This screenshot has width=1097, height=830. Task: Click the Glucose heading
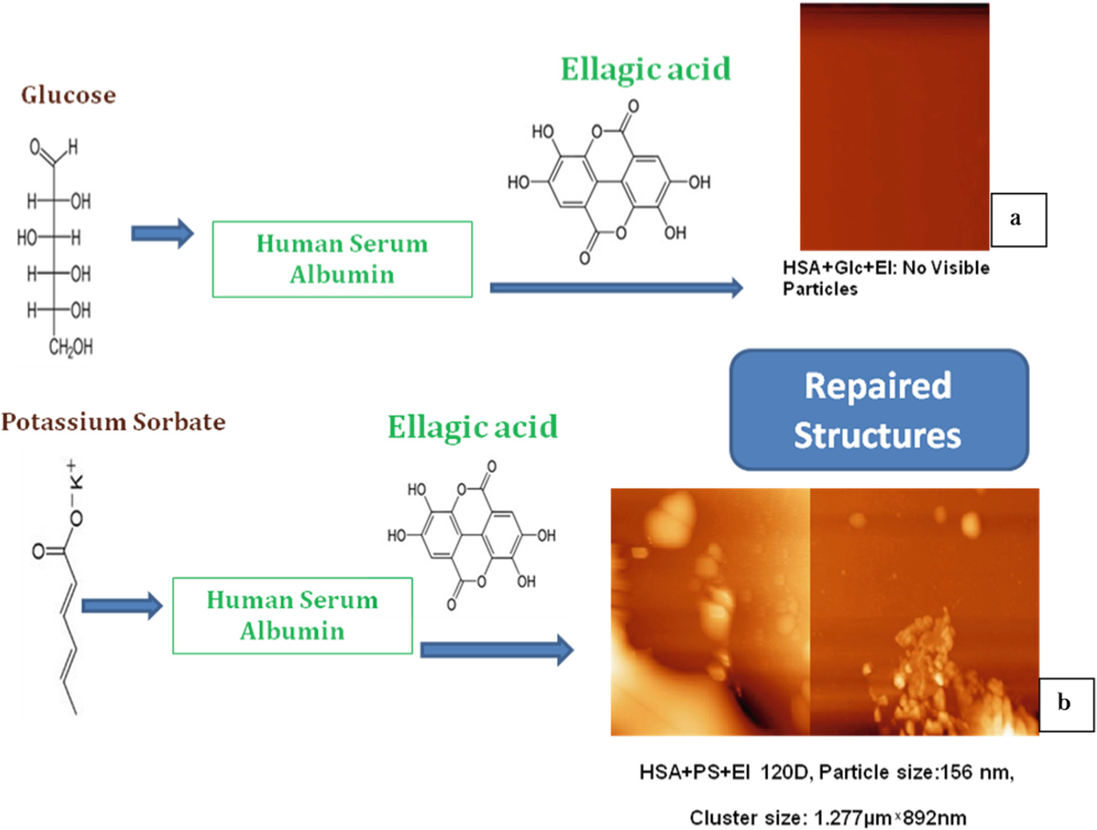coord(68,95)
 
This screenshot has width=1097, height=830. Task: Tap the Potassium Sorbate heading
coord(113,421)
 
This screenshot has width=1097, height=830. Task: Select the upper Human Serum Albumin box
coord(342,259)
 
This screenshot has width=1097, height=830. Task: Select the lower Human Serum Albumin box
coord(292,615)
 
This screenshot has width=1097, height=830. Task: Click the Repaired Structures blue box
coord(878,409)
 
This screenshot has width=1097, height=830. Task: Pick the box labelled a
coord(1018,219)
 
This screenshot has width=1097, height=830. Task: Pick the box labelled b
coord(1065,703)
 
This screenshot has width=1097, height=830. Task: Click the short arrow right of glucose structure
coord(162,233)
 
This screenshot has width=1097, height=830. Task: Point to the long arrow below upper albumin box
coord(616,288)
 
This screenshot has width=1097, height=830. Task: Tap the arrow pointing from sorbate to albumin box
coord(122,606)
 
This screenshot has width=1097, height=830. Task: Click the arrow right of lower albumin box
coord(496,650)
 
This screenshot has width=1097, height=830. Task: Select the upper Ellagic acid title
coord(645,70)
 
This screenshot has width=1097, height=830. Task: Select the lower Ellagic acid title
coord(472,427)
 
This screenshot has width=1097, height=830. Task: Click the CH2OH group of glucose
coord(70,347)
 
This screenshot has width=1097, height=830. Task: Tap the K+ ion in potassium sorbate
coord(74,475)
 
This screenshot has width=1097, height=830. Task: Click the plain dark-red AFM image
coord(894,128)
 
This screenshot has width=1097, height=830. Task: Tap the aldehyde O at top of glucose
coord(34,147)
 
